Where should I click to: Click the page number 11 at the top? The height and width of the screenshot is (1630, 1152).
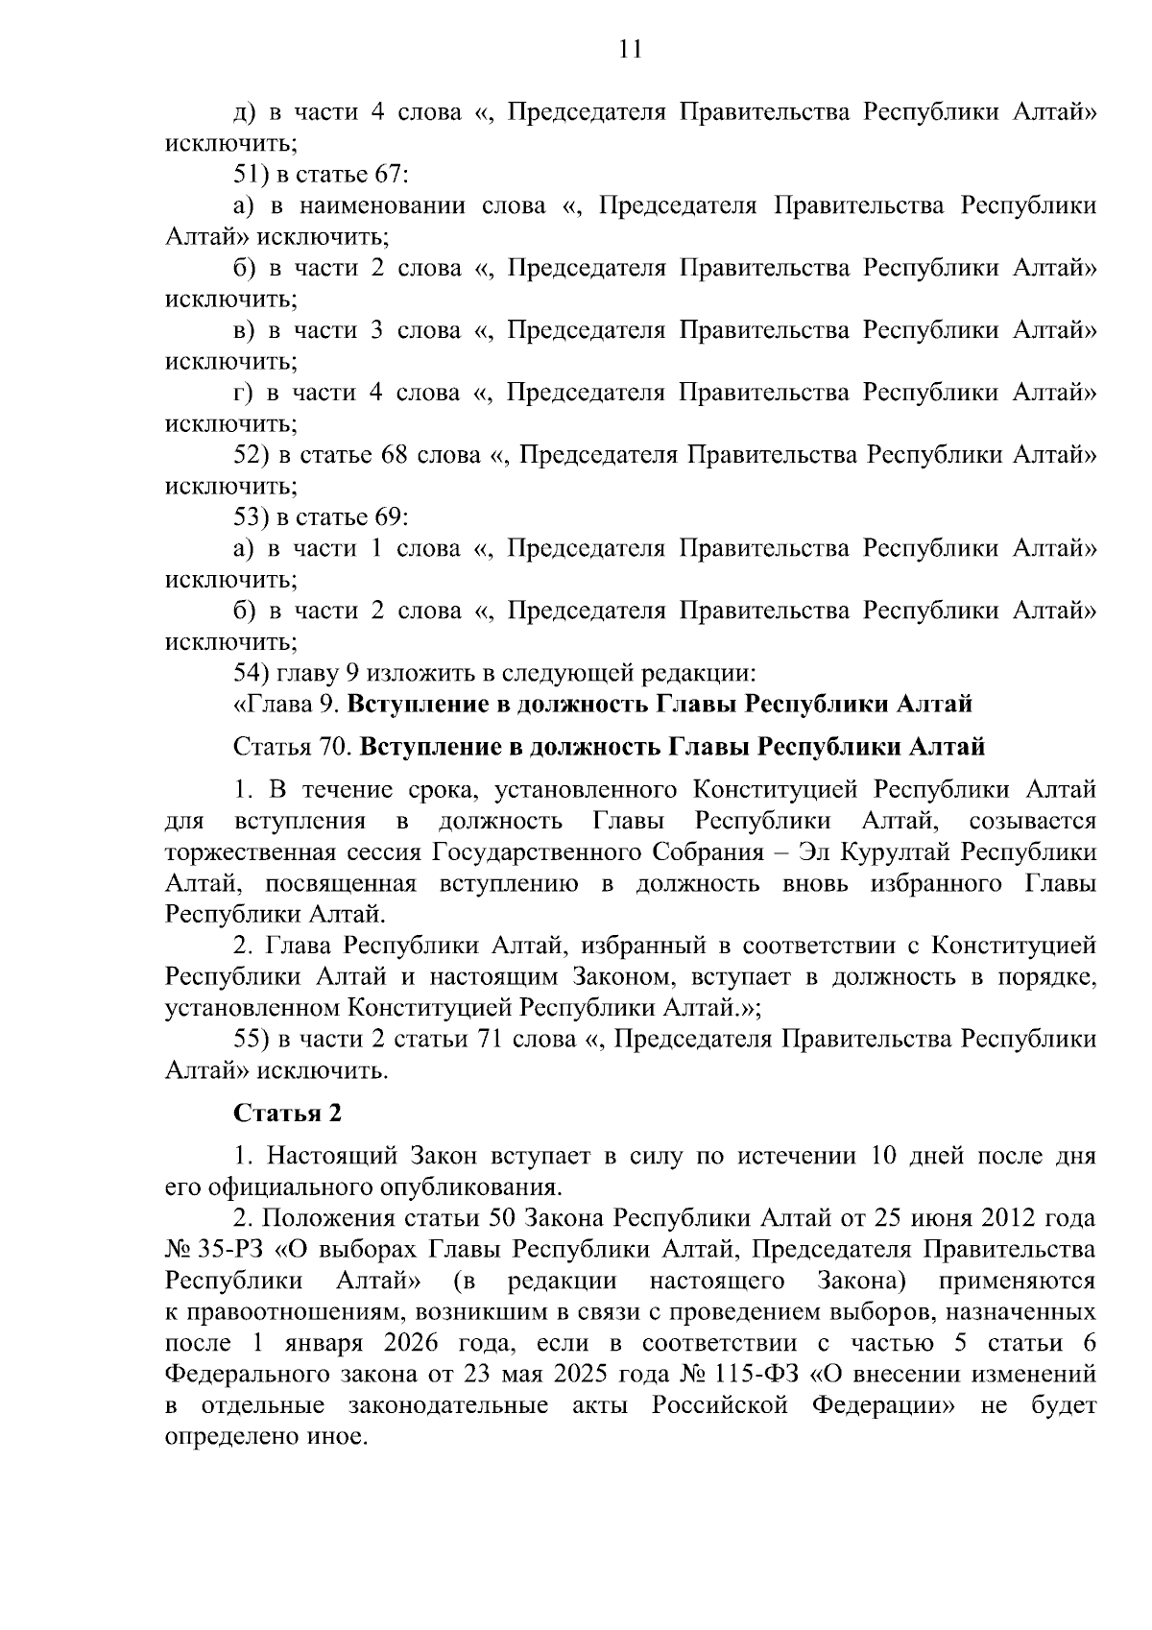630,50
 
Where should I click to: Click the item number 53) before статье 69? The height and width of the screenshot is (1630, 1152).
252,517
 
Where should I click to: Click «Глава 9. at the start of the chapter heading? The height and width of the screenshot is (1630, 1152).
285,704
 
